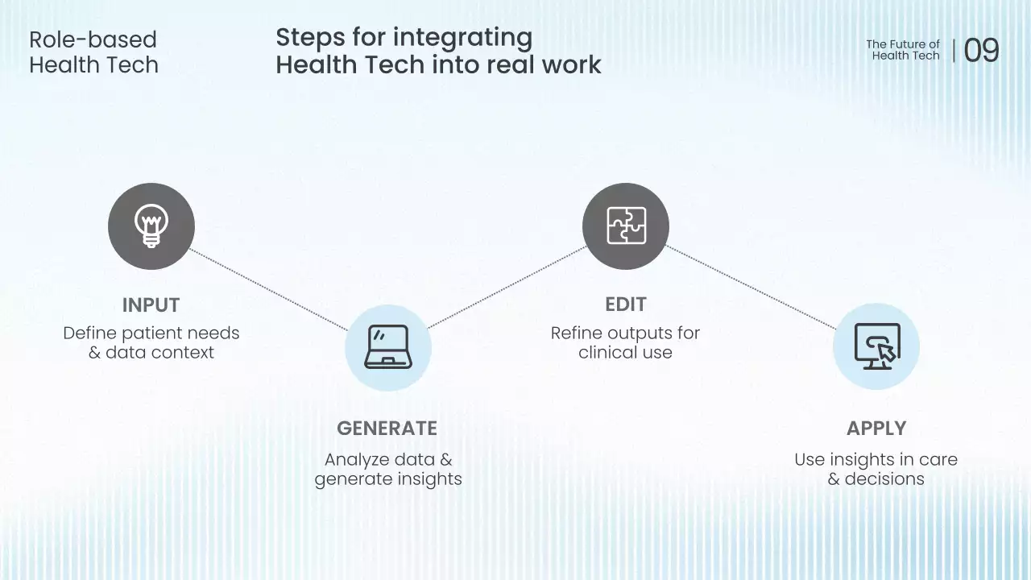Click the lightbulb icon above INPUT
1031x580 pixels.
click(151, 226)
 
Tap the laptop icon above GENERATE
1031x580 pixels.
click(388, 348)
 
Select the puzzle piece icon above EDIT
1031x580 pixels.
click(626, 226)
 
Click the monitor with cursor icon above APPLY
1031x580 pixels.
click(876, 347)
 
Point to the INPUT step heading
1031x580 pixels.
click(151, 305)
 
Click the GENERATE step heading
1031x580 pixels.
click(387, 429)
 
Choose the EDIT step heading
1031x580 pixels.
click(626, 304)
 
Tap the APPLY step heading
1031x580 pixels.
click(876, 429)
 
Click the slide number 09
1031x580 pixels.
click(981, 51)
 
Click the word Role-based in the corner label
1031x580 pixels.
click(93, 39)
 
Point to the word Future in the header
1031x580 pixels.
click(907, 44)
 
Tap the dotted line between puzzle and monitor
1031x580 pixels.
click(752, 287)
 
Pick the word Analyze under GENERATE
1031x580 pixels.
click(357, 460)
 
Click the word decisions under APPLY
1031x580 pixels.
click(884, 479)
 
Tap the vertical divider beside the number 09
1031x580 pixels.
click(954, 51)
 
